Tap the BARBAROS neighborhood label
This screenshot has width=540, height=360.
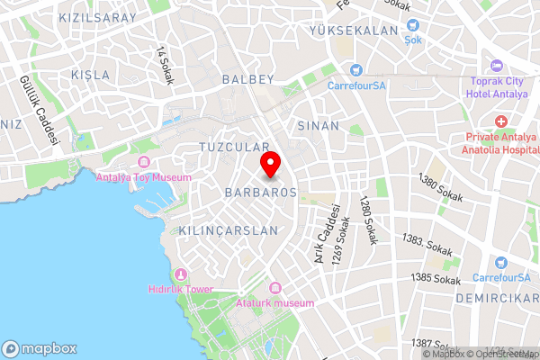tap(260, 193)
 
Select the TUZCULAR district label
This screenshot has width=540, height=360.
tap(234, 146)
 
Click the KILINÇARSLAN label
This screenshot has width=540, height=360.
tap(229, 230)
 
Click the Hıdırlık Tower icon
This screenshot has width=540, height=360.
tap(181, 274)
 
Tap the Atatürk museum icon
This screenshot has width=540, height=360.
tap(274, 288)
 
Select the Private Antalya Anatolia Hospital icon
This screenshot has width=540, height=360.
tap(500, 121)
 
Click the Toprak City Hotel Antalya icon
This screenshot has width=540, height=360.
tap(496, 66)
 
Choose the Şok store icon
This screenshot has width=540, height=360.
tap(412, 27)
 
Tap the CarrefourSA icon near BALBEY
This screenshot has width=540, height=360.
tap(356, 69)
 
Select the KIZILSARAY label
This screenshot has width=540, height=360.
tap(97, 17)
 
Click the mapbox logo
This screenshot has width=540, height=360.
tap(40, 348)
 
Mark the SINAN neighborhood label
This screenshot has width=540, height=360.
tap(318, 126)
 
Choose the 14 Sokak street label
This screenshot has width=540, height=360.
tap(164, 65)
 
